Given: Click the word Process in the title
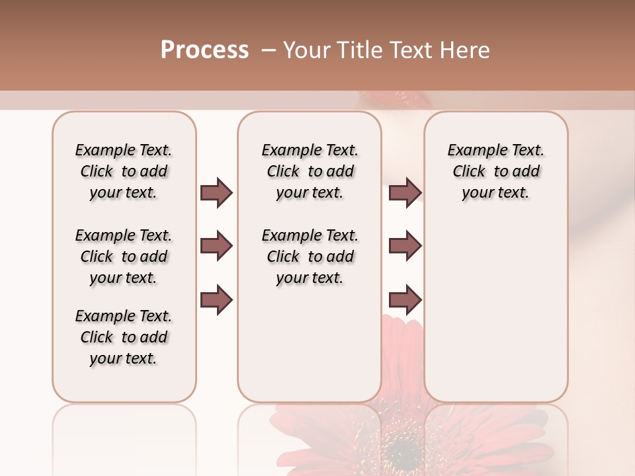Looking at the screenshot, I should (204, 50).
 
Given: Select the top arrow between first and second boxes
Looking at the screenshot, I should (216, 192).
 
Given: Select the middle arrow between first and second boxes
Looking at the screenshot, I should (216, 246).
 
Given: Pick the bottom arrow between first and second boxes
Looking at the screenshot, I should (216, 299).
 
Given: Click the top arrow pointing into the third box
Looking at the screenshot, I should (405, 192).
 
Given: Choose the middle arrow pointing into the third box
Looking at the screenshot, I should (405, 246).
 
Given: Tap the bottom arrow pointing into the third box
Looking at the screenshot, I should (405, 299).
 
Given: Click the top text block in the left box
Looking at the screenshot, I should (124, 171).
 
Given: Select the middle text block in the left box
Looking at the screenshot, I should (124, 257).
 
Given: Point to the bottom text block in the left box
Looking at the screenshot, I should (124, 337).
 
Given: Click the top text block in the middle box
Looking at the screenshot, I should (310, 171).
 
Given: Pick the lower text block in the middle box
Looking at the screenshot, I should (310, 257).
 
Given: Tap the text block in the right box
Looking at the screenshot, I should (496, 171).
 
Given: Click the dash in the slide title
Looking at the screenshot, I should (269, 50).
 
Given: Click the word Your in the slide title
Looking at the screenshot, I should (306, 50).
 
